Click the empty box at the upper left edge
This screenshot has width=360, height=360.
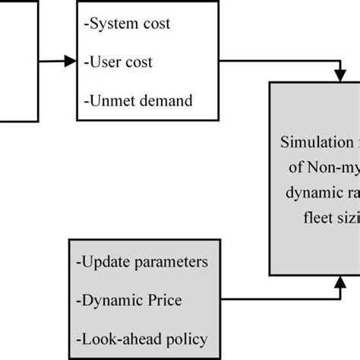pos(17,61)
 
